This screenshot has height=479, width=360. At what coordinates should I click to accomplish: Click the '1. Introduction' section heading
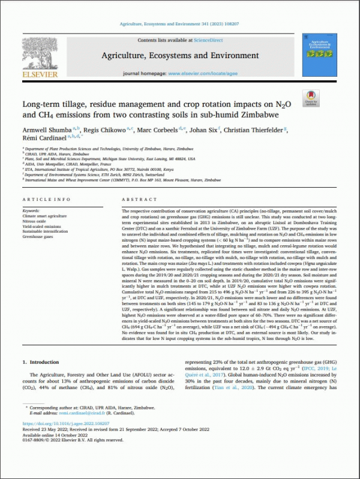point(42,363)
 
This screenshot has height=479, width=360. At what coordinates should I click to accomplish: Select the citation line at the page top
point(181,26)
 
